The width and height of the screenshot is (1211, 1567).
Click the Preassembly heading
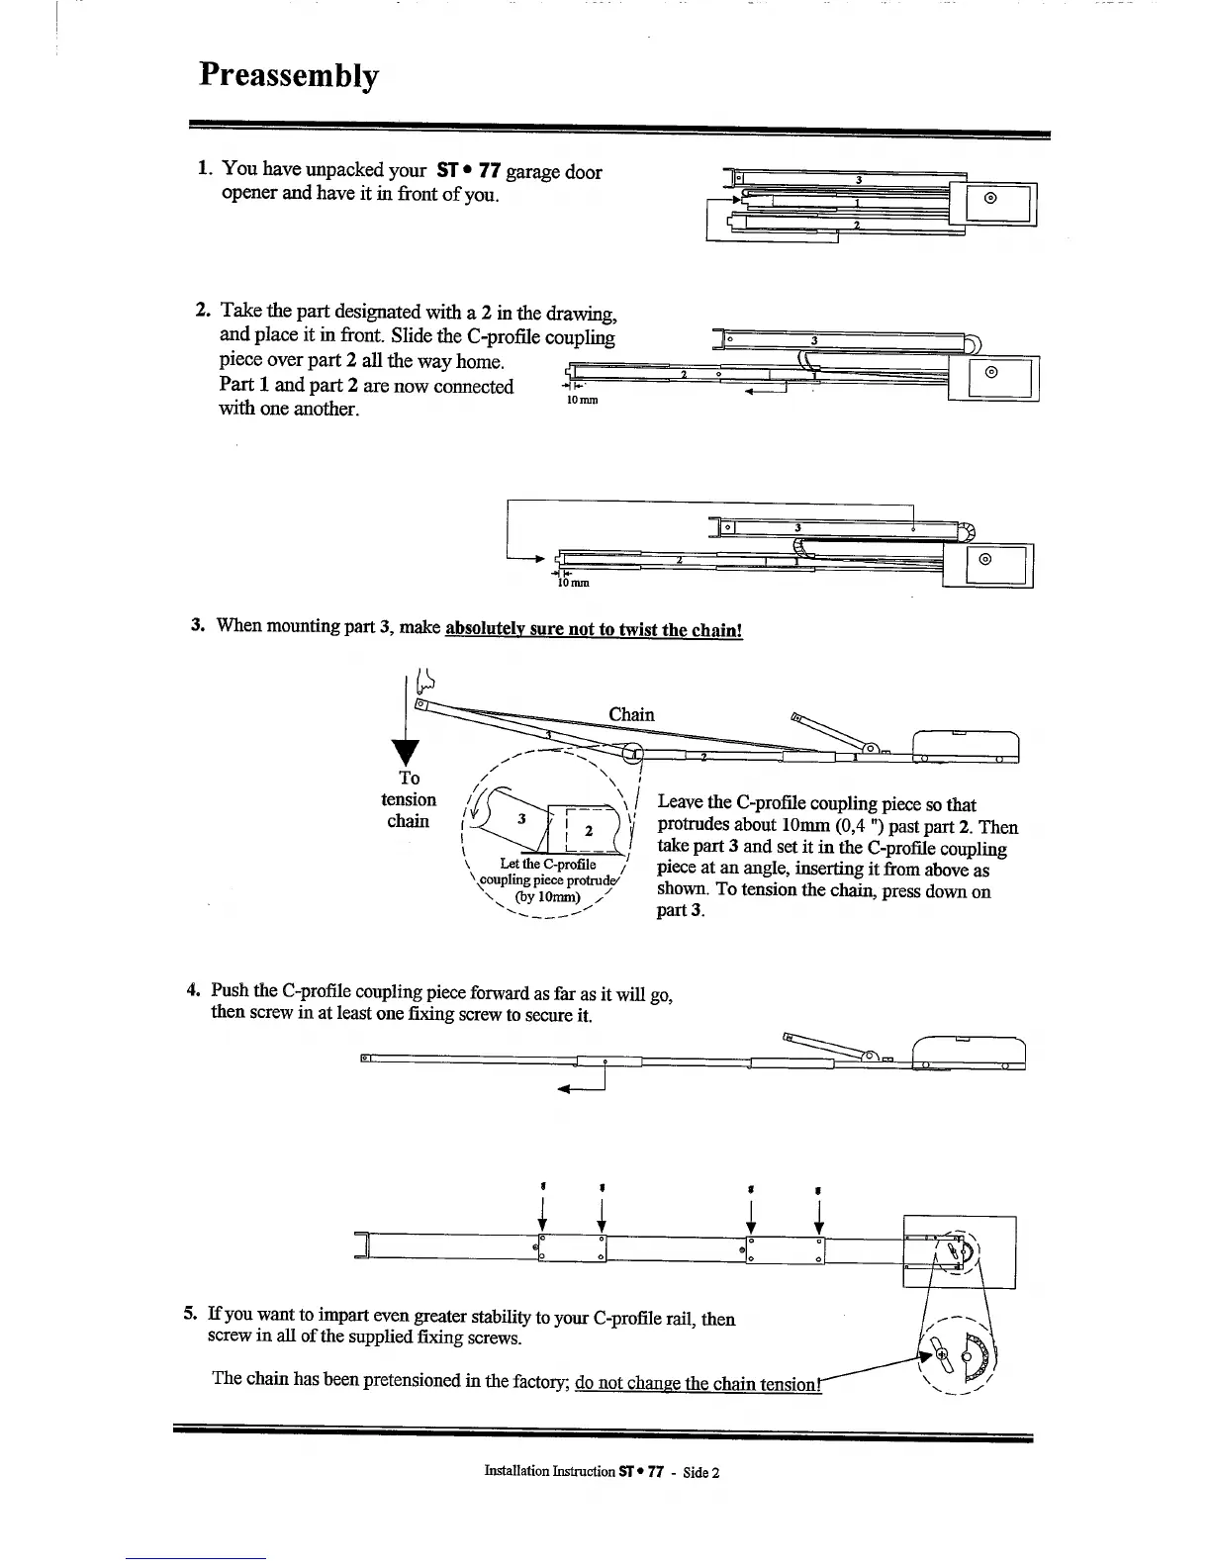pos(288,76)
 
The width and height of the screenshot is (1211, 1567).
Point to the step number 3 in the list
pos(197,625)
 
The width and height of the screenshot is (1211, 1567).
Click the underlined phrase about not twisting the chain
pos(594,629)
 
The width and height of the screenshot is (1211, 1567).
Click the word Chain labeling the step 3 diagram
pos(631,714)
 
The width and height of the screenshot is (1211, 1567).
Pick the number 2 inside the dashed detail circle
pos(588,830)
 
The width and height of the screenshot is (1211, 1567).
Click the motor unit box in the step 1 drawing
pos(999,205)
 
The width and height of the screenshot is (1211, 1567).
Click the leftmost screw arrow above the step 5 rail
pos(542,1212)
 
